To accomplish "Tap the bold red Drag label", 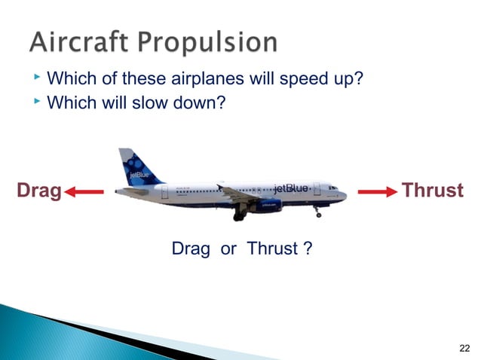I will pyautogui.click(x=39, y=191).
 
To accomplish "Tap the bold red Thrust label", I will pyautogui.click(x=432, y=191).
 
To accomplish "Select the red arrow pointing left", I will pyautogui.click(x=84, y=192).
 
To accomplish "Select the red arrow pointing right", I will pyautogui.click(x=376, y=192).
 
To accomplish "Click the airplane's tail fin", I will pyautogui.click(x=136, y=167).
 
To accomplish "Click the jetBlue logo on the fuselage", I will pyautogui.click(x=290, y=188).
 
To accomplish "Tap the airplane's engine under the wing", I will pyautogui.click(x=265, y=206).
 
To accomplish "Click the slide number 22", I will pyautogui.click(x=464, y=347).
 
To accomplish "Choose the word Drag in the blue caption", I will pyautogui.click(x=191, y=249).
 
